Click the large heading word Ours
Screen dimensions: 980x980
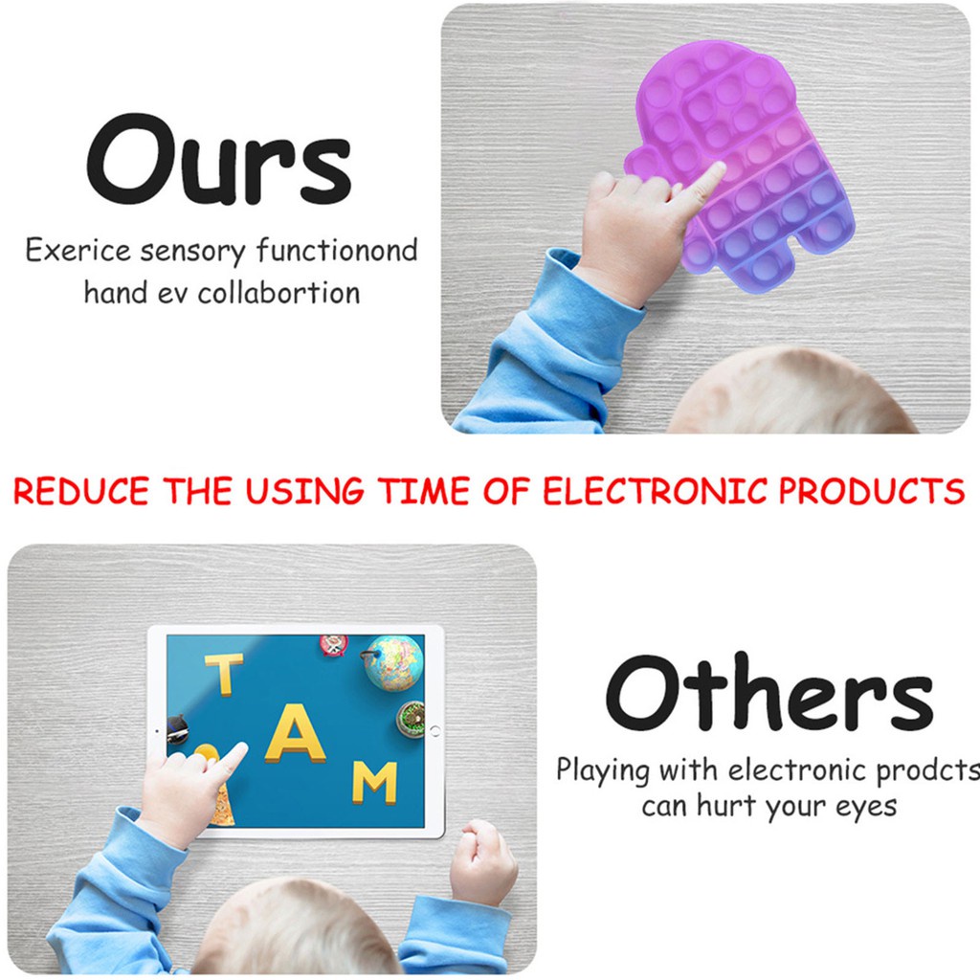[219, 160]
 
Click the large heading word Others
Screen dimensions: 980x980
[769, 693]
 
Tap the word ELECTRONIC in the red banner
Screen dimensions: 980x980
[655, 491]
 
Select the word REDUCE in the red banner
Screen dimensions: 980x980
[81, 491]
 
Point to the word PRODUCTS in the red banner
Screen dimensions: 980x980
[872, 491]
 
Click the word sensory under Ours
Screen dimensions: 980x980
[192, 252]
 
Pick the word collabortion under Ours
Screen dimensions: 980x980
[278, 293]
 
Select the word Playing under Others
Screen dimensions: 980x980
[603, 770]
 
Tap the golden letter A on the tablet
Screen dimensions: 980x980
[295, 733]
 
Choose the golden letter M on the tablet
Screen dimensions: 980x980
[374, 783]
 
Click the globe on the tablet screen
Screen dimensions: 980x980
[393, 663]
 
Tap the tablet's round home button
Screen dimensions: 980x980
[435, 730]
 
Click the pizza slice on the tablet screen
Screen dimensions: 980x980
[221, 803]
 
